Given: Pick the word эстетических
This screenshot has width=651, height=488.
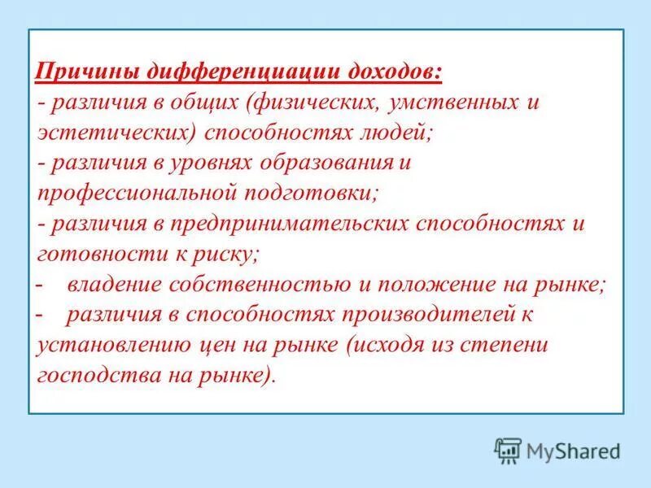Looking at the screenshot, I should tap(115, 133).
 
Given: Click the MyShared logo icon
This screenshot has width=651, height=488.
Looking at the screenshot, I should tap(508, 450).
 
